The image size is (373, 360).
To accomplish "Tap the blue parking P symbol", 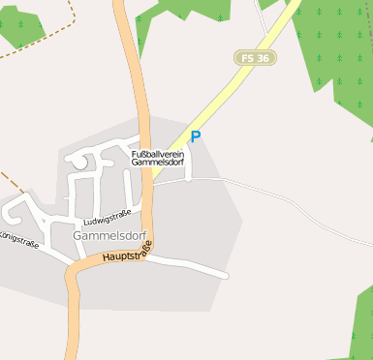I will tap(195, 137).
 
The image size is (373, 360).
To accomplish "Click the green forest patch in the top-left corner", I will tap(19, 24).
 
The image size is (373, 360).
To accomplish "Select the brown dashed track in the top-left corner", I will tap(39, 45).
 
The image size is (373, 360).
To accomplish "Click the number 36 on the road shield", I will tap(263, 58).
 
